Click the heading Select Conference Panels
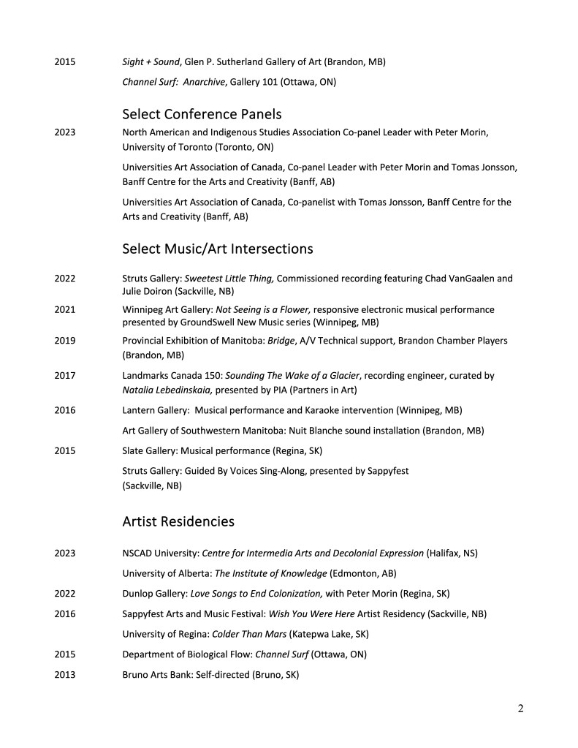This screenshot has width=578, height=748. [x=202, y=114]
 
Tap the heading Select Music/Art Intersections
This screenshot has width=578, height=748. [x=217, y=249]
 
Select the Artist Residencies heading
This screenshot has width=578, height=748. [x=178, y=521]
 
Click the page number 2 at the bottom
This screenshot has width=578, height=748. [x=520, y=708]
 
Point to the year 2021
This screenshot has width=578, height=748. [x=64, y=309]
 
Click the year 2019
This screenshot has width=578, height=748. [x=64, y=341]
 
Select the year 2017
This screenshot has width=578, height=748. [x=64, y=376]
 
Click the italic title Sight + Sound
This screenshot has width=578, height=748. [x=151, y=62]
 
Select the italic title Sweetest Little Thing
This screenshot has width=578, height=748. [x=229, y=278]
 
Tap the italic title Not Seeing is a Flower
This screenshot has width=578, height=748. [x=264, y=309]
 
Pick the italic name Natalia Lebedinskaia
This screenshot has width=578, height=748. [x=167, y=390]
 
